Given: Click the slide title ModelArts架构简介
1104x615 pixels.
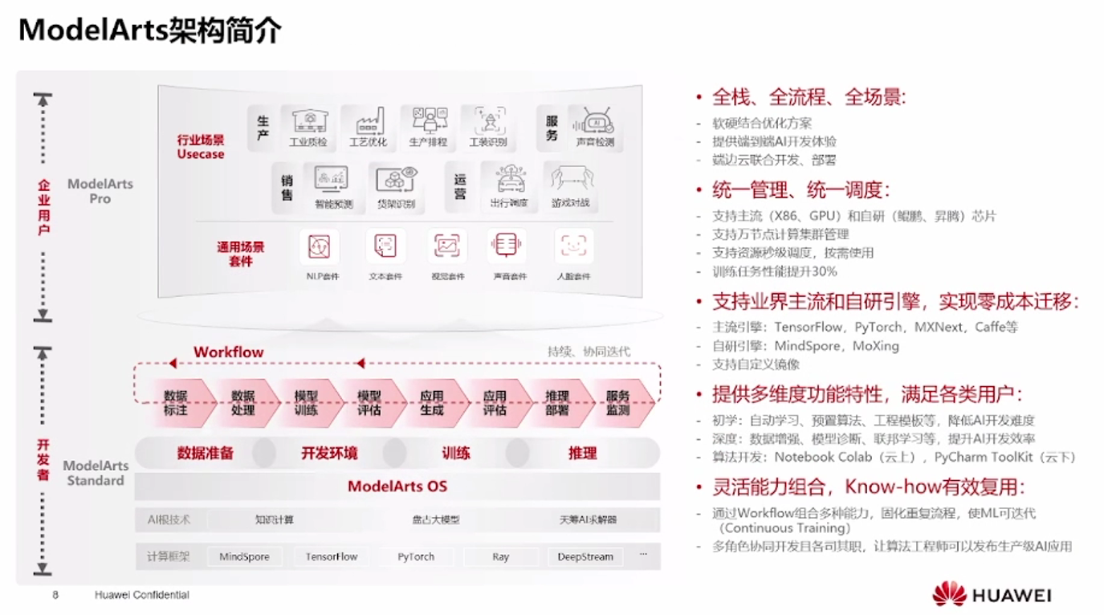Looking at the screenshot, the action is (x=150, y=31).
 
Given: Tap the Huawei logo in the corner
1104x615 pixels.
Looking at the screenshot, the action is (x=992, y=595).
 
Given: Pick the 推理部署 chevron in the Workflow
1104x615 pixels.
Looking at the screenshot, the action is (x=556, y=403).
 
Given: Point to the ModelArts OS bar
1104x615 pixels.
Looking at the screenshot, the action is (x=397, y=487).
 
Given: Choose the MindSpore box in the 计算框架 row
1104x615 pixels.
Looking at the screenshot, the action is (x=244, y=556).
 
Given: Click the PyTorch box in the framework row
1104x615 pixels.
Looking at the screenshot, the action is (x=416, y=556).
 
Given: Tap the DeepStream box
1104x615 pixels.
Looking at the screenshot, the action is (x=585, y=556).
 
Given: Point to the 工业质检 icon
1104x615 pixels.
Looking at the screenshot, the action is (x=308, y=121).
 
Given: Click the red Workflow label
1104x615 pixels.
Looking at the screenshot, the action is (x=228, y=352).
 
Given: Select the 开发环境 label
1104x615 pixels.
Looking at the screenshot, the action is (x=329, y=454).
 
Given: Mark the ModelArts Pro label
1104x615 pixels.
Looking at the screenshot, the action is (x=100, y=190).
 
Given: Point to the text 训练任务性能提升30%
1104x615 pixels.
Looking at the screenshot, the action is (x=775, y=271).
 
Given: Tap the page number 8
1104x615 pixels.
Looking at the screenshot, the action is (x=55, y=595).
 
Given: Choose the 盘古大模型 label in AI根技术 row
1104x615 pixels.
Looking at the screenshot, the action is (x=436, y=520).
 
